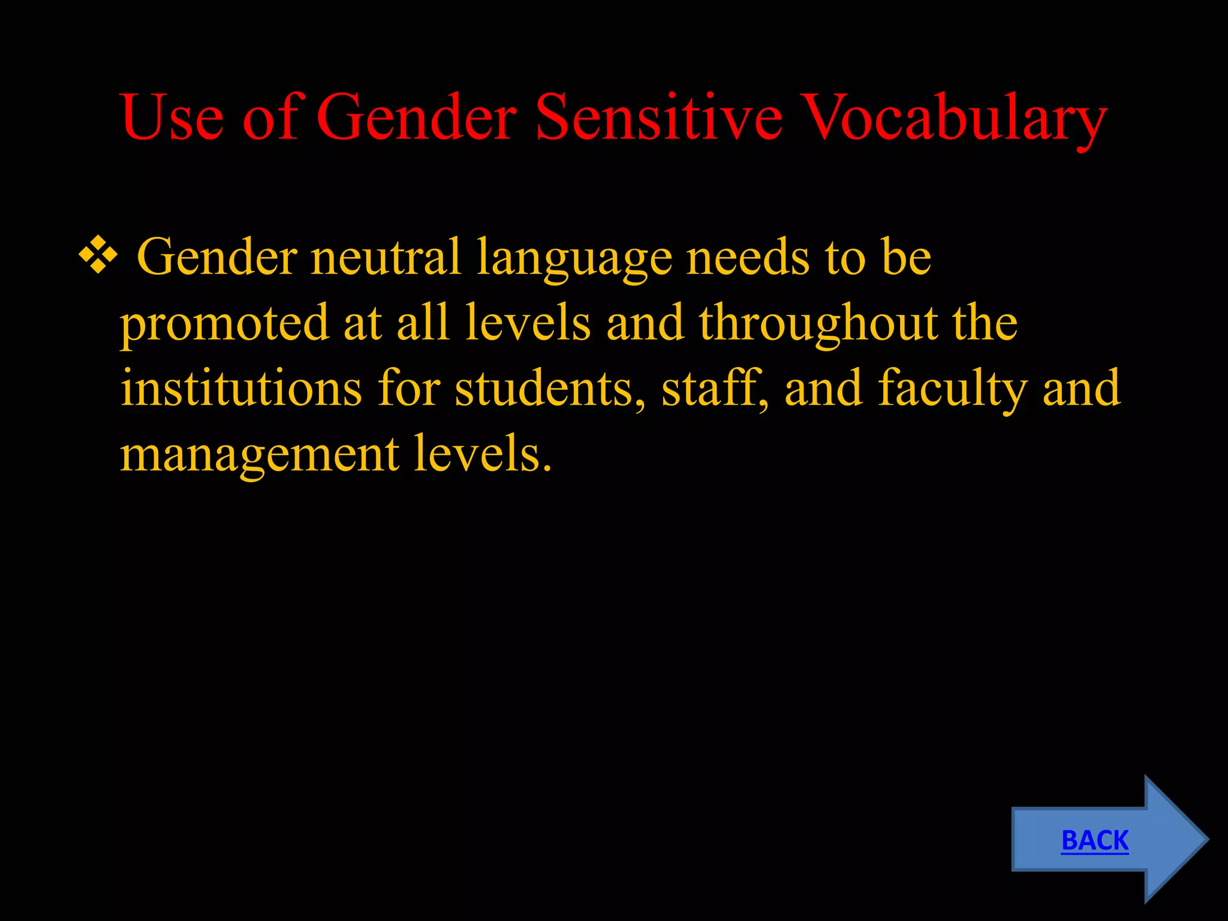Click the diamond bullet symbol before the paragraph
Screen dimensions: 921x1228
click(x=98, y=256)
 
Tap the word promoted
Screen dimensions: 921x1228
click(x=224, y=324)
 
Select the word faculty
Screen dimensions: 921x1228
click(x=952, y=390)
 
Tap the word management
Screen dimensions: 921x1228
click(x=259, y=455)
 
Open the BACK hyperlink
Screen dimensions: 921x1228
click(x=1095, y=840)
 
